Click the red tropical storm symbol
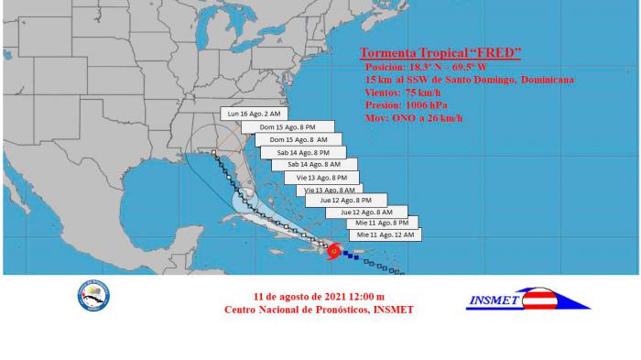pos(333,250)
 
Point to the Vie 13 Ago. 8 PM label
pos(321,177)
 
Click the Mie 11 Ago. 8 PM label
pos(382,223)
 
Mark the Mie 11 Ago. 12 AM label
pos(385,235)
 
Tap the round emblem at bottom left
pos(93,296)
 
